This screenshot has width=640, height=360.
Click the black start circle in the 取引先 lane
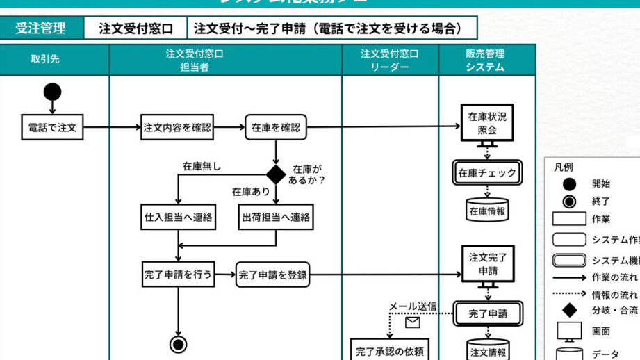click(x=52, y=91)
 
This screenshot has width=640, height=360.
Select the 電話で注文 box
click(x=52, y=127)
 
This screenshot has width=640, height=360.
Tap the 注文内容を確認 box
click(x=177, y=127)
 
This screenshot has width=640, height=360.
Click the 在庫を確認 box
click(x=276, y=127)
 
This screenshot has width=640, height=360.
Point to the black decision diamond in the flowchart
click(x=277, y=174)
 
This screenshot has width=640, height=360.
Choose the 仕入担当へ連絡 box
click(x=178, y=217)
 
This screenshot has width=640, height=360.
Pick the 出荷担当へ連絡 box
click(x=276, y=217)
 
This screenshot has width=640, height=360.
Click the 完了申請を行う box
click(x=177, y=274)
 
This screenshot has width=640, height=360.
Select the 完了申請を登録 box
click(x=272, y=274)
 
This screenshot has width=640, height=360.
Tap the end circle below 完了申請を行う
click(x=179, y=343)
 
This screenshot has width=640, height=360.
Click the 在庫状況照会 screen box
click(x=487, y=123)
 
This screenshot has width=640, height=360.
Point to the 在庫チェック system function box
click(x=487, y=173)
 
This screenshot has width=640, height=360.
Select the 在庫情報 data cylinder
click(x=487, y=211)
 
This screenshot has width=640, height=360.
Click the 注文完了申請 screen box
click(x=487, y=263)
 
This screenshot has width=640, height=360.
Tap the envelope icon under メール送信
click(x=412, y=322)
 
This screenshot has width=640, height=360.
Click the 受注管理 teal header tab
click(x=40, y=28)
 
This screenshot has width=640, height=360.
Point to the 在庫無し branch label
click(x=202, y=166)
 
